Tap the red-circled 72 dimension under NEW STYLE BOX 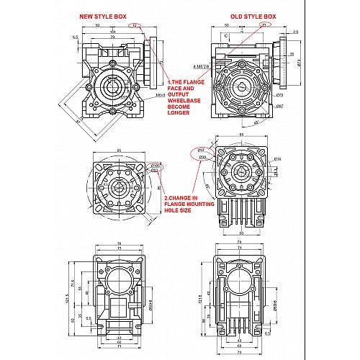135,25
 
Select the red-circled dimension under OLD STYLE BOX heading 264,24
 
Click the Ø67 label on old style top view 279,106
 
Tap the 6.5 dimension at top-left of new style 75,35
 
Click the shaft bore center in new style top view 114,88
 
